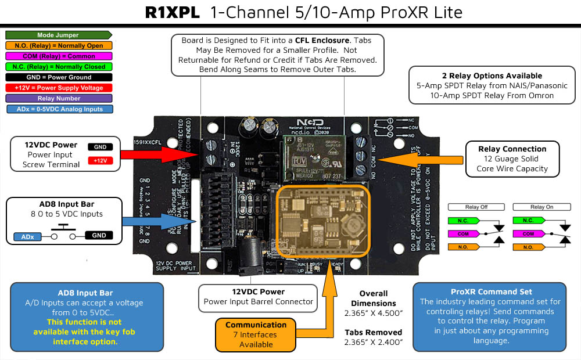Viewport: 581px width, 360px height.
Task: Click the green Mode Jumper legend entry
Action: [58, 35]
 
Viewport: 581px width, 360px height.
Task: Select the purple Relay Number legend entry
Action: [58, 98]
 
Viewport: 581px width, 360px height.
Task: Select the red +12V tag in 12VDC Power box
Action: [100, 160]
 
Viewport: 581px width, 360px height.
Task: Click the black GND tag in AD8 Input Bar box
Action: [99, 235]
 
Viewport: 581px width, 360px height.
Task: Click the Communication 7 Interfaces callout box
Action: [256, 334]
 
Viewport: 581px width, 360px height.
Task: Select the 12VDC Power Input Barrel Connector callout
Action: [258, 297]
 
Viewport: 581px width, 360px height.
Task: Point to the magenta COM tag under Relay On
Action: [528, 234]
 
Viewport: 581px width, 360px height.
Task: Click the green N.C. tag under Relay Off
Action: [462, 221]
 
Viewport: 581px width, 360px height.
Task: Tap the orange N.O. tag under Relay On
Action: [528, 247]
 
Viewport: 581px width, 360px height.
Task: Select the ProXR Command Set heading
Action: [489, 291]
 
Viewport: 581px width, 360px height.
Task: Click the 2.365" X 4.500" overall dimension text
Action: [373, 314]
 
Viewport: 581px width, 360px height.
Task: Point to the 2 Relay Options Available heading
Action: [483, 75]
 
